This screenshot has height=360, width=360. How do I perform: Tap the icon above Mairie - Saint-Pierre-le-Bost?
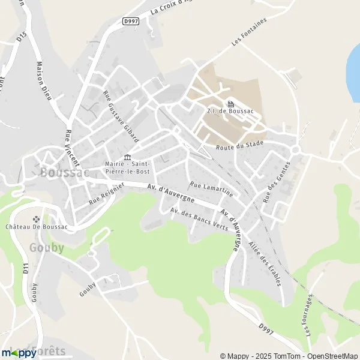click(127, 157)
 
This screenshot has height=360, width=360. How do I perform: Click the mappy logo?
click(19, 353)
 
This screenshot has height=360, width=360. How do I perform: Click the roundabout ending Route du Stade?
click(296, 149)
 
